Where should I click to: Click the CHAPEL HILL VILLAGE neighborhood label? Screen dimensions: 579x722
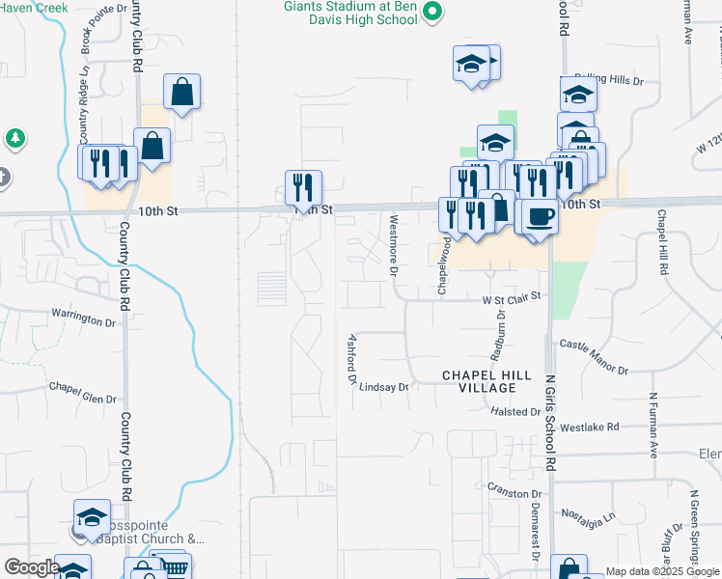click(480, 381)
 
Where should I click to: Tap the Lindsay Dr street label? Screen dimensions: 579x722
click(384, 387)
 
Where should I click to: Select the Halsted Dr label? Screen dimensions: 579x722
click(517, 411)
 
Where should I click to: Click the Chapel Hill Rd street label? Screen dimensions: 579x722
click(663, 243)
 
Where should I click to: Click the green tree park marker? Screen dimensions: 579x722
click(14, 139)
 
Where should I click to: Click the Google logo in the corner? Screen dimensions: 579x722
click(31, 566)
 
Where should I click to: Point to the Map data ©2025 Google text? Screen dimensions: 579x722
click(663, 571)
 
